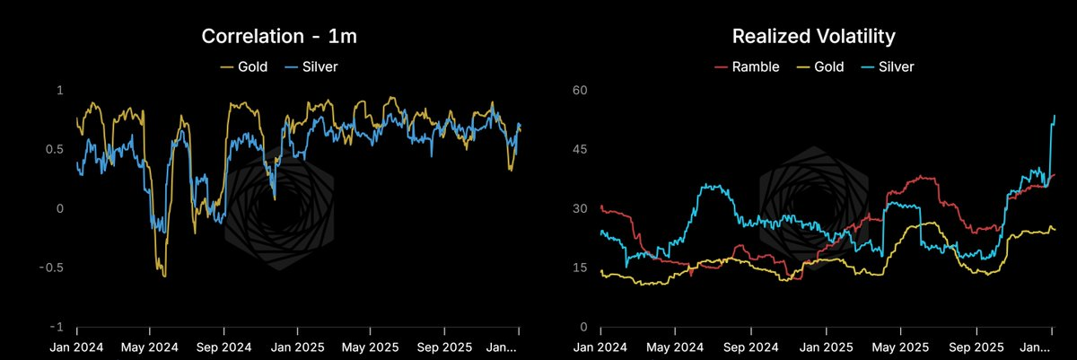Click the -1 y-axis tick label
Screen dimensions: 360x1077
pos(57,327)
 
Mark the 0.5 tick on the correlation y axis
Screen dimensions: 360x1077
pos(55,149)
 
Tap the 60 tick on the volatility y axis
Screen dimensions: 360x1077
pos(579,90)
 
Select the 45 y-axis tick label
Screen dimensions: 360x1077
pos(579,149)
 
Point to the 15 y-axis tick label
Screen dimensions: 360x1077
pos(579,268)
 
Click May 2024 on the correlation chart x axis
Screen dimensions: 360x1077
pos(150,345)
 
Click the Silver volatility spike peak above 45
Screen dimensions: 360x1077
pos(1055,116)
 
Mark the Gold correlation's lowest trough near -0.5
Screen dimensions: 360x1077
pos(163,276)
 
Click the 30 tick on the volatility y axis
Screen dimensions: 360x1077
pos(579,208)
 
